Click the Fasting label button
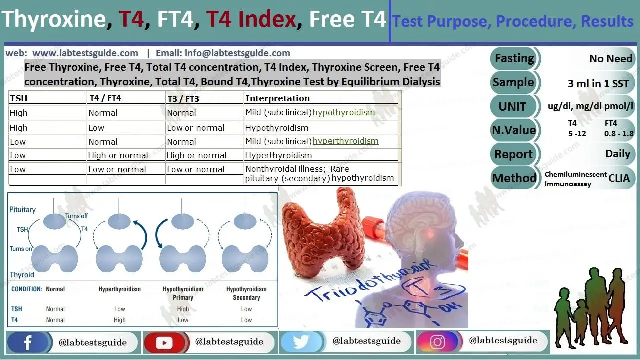[514, 58]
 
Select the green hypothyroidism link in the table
[343, 113]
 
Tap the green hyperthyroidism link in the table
[345, 141]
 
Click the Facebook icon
[28, 342]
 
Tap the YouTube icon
[164, 342]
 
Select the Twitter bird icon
[301, 342]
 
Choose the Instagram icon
[437, 342]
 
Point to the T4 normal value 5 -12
[577, 134]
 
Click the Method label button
[514, 178]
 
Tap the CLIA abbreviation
[619, 178]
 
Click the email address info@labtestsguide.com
[223, 53]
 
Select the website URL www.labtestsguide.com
[85, 53]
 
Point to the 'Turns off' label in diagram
[76, 216]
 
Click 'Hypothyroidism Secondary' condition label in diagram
[246, 293]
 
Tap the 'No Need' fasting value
[611, 59]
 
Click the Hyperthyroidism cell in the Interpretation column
[278, 155]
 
